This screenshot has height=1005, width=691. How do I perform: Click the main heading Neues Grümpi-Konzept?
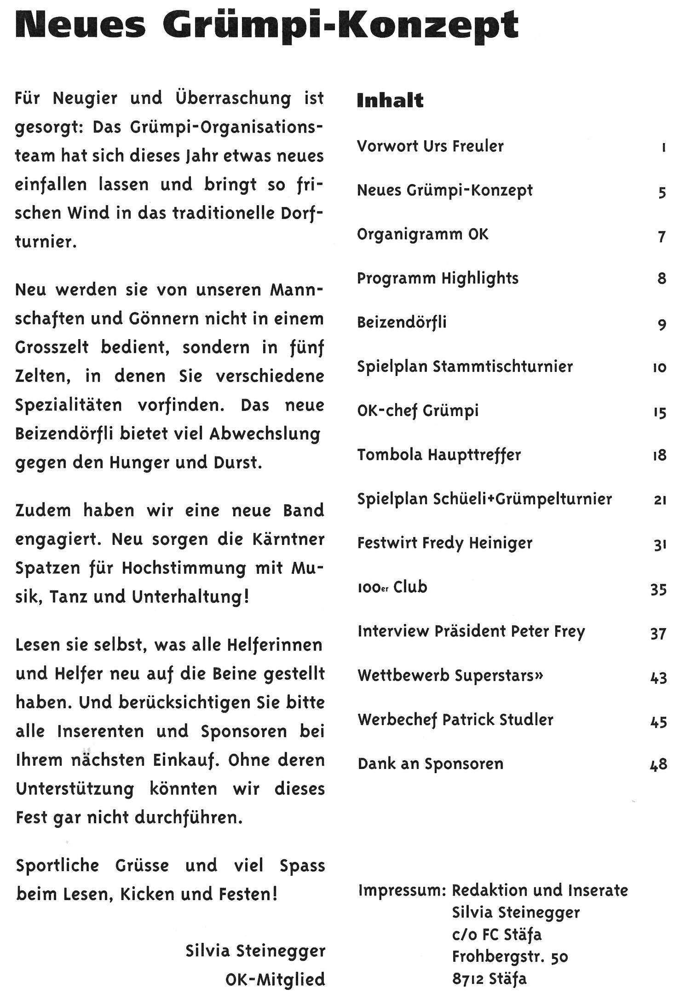267,26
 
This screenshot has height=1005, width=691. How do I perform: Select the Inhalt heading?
390,100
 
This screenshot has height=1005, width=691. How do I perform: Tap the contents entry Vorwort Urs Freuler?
430,146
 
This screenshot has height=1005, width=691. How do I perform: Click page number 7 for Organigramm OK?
662,237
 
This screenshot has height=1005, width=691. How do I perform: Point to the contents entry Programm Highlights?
438,278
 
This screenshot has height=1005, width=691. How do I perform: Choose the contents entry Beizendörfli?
402,322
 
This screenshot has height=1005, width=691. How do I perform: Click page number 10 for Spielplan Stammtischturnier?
659,368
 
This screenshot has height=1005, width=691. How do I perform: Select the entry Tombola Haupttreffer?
439,455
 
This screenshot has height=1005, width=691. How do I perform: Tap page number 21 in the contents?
660,500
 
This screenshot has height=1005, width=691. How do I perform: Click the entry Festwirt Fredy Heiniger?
444,543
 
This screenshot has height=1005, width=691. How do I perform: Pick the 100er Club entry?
392,588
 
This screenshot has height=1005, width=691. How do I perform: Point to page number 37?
658,634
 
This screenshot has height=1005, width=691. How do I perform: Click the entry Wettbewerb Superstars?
450,676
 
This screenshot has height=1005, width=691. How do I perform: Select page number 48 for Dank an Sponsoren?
658,764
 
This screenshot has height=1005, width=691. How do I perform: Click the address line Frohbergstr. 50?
510,957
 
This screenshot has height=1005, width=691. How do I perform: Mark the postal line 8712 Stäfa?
489,979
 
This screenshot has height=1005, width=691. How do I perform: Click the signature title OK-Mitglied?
275,979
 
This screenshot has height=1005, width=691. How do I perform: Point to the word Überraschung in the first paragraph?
233,98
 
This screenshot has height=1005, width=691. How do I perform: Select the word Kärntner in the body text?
288,539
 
